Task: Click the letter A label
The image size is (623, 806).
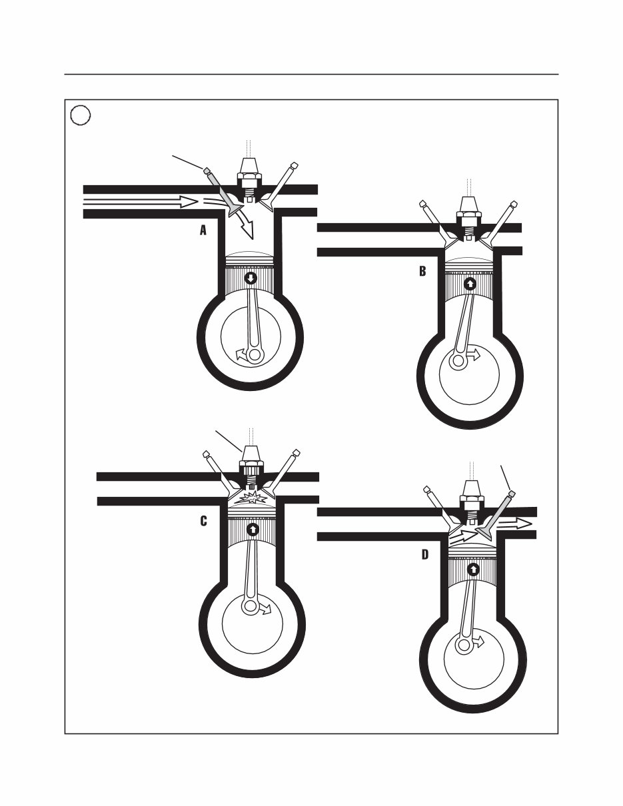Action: coord(203,230)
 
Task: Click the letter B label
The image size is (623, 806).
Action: coord(422,271)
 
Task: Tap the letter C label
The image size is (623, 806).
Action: coord(203,521)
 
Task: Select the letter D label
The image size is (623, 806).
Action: coord(424,554)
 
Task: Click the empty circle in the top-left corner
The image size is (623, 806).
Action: coord(81,115)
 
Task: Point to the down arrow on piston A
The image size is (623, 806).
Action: coord(251,278)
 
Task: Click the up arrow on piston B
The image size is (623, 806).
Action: coord(470,283)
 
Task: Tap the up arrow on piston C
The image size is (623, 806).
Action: coord(253,530)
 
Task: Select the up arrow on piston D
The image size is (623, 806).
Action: coord(473,569)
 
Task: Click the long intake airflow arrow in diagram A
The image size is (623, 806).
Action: coord(141,201)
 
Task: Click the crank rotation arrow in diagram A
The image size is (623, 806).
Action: coord(242,356)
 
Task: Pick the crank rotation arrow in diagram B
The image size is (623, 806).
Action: coord(472,356)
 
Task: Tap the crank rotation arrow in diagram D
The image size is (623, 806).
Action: coord(478,641)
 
